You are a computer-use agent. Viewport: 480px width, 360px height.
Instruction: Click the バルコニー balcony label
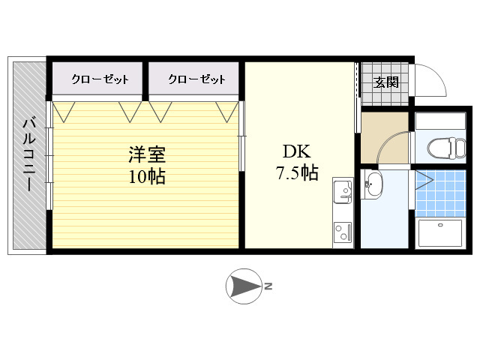[x=29, y=155]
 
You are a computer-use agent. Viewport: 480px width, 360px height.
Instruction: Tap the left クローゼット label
[x=100, y=79]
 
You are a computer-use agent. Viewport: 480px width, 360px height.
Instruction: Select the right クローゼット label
[x=196, y=79]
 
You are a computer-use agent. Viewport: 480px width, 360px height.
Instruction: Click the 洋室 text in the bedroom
[x=147, y=154]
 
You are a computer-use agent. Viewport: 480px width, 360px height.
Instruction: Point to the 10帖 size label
[x=147, y=177]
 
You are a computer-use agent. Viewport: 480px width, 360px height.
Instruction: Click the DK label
[x=297, y=151]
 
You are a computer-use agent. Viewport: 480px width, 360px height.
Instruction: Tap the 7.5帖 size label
[x=297, y=173]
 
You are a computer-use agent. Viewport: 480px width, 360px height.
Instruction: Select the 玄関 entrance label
[x=386, y=82]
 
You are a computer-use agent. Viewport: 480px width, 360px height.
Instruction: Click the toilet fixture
[x=447, y=148]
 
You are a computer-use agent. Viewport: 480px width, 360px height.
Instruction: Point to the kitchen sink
[x=343, y=192]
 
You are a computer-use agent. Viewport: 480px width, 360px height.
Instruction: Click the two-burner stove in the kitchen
[x=343, y=232]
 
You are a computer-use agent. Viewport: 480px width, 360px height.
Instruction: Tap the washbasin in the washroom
[x=373, y=184]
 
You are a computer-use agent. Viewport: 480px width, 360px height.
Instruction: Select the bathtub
[x=440, y=233]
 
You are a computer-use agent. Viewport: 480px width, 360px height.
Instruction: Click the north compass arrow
[x=244, y=286]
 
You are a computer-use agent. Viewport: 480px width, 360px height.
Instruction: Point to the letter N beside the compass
[x=268, y=286]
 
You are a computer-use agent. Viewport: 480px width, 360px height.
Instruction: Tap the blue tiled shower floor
[x=440, y=193]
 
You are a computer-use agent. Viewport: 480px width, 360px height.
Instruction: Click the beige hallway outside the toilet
[x=385, y=138]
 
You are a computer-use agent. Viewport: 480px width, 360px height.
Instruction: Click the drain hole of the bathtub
[x=440, y=225]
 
